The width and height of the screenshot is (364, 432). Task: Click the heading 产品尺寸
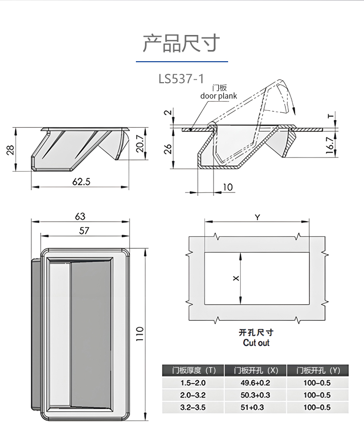coord(181,43)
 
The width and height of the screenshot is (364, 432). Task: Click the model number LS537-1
coord(181,78)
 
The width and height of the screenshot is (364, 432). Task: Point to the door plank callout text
coord(219,96)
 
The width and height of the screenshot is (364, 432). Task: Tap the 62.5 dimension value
coord(82,182)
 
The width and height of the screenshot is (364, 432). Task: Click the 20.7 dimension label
coord(140,144)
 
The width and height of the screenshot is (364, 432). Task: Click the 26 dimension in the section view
coord(168,149)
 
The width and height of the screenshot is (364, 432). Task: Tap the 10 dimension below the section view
coord(228,187)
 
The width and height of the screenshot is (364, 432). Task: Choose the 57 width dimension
coord(84,231)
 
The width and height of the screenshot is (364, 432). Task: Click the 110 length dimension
coord(140,334)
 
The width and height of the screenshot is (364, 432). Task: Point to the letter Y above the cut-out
coord(257,217)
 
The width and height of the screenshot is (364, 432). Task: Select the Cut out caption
coord(256,343)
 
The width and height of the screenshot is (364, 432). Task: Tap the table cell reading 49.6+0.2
coord(255,383)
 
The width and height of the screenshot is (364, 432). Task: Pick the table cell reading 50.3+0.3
coord(255,395)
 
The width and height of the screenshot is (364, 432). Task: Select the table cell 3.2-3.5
coord(193,407)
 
